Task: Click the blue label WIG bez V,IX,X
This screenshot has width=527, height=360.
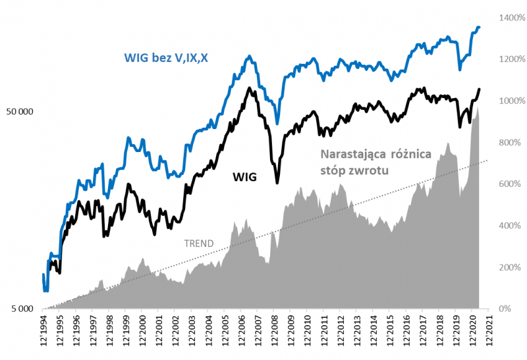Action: [165, 57]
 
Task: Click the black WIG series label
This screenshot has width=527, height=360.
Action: [244, 176]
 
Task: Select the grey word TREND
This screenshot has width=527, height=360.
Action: [198, 244]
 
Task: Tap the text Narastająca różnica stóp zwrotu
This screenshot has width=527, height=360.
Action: [375, 162]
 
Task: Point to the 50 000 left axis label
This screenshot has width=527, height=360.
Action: [19, 112]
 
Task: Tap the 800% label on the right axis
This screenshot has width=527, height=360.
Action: [509, 142]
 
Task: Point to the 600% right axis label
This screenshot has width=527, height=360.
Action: [509, 184]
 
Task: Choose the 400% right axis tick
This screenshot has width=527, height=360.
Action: [509, 226]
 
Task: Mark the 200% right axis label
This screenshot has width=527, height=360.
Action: [509, 267]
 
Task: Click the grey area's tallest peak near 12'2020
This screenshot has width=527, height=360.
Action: [476, 109]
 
